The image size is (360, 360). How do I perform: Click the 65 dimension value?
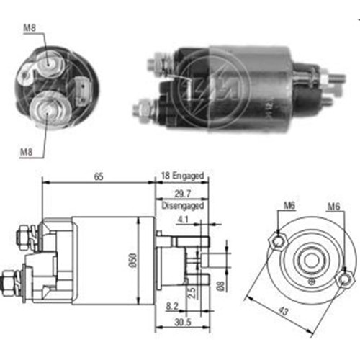click(99, 176)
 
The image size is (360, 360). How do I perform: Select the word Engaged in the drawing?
click(188, 176)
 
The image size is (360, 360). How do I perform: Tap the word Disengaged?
click(183, 206)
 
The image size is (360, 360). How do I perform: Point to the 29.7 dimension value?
click(183, 194)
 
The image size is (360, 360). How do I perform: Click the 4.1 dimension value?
click(183, 220)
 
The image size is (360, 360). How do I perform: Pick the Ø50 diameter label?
click(133, 261)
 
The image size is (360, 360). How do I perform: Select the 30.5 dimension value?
click(183, 322)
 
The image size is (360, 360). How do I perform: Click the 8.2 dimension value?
click(172, 306)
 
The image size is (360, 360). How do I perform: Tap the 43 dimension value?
click(283, 311)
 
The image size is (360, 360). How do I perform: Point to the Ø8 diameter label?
click(220, 286)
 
